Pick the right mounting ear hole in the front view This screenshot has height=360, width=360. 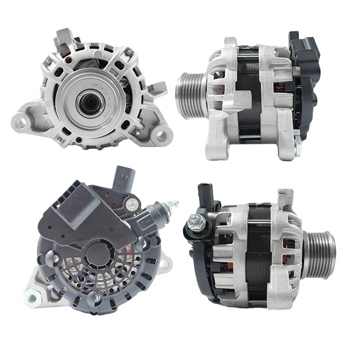pos(161,135)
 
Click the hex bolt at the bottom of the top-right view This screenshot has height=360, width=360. pos(297,136)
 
